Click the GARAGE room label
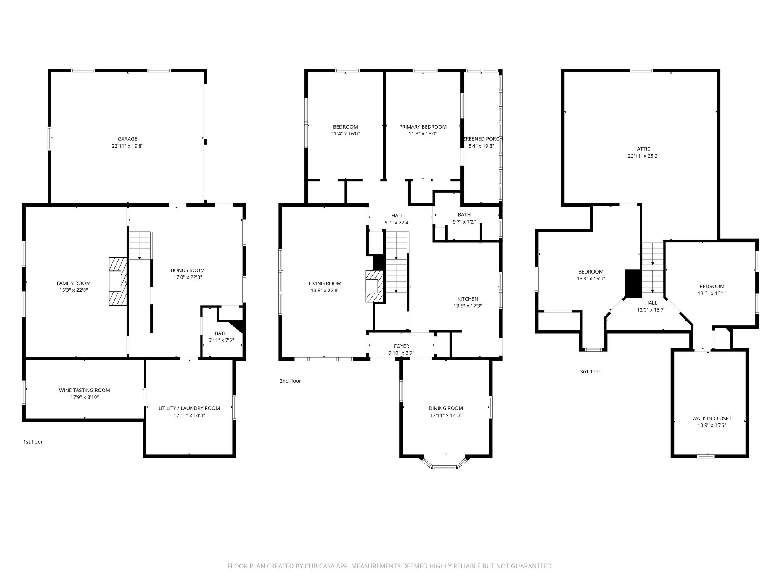click(127, 139)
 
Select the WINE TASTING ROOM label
click(84, 390)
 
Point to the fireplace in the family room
click(117, 281)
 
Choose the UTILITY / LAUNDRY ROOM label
click(189, 408)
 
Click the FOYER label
click(401, 346)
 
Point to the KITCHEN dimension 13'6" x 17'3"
click(468, 306)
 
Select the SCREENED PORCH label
click(482, 139)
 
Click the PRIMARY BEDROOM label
click(423, 127)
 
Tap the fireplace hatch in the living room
click(373, 286)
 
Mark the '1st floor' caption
click(33, 442)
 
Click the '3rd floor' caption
click(590, 372)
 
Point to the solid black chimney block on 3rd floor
click(633, 283)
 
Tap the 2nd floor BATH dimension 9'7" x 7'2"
click(464, 222)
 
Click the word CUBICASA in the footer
click(310, 567)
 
